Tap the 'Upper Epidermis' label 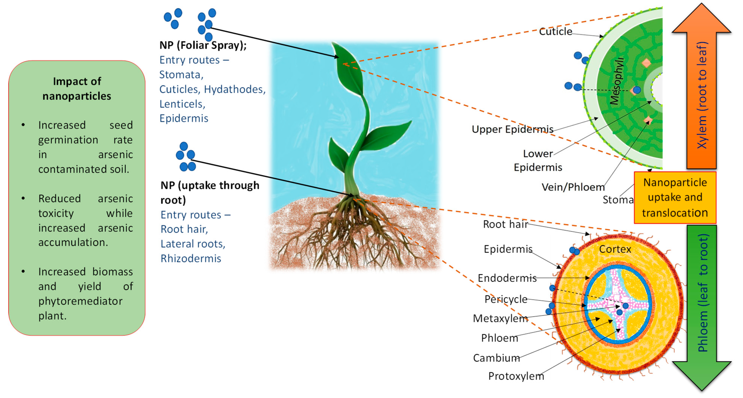coord(512,129)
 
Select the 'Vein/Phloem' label coord(573,187)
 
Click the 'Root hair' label coord(505,224)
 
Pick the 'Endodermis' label coord(507,278)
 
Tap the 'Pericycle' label coord(506,299)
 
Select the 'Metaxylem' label coord(500,319)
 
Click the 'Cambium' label coord(496,358)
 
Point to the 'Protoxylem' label coord(516,376)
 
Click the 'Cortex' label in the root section coord(615,249)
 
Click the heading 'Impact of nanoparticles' coord(77,89)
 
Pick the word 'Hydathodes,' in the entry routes coord(235,89)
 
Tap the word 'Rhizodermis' coord(191,259)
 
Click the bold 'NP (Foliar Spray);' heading coord(203,45)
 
